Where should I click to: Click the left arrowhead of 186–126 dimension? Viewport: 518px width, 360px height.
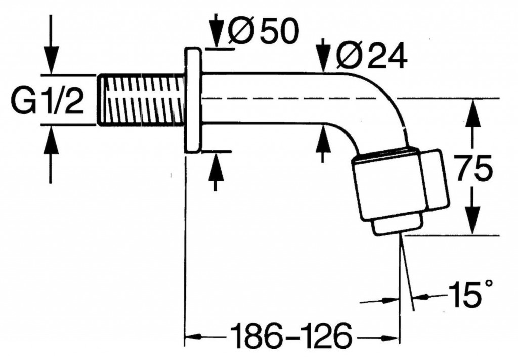click(x=193, y=336)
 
